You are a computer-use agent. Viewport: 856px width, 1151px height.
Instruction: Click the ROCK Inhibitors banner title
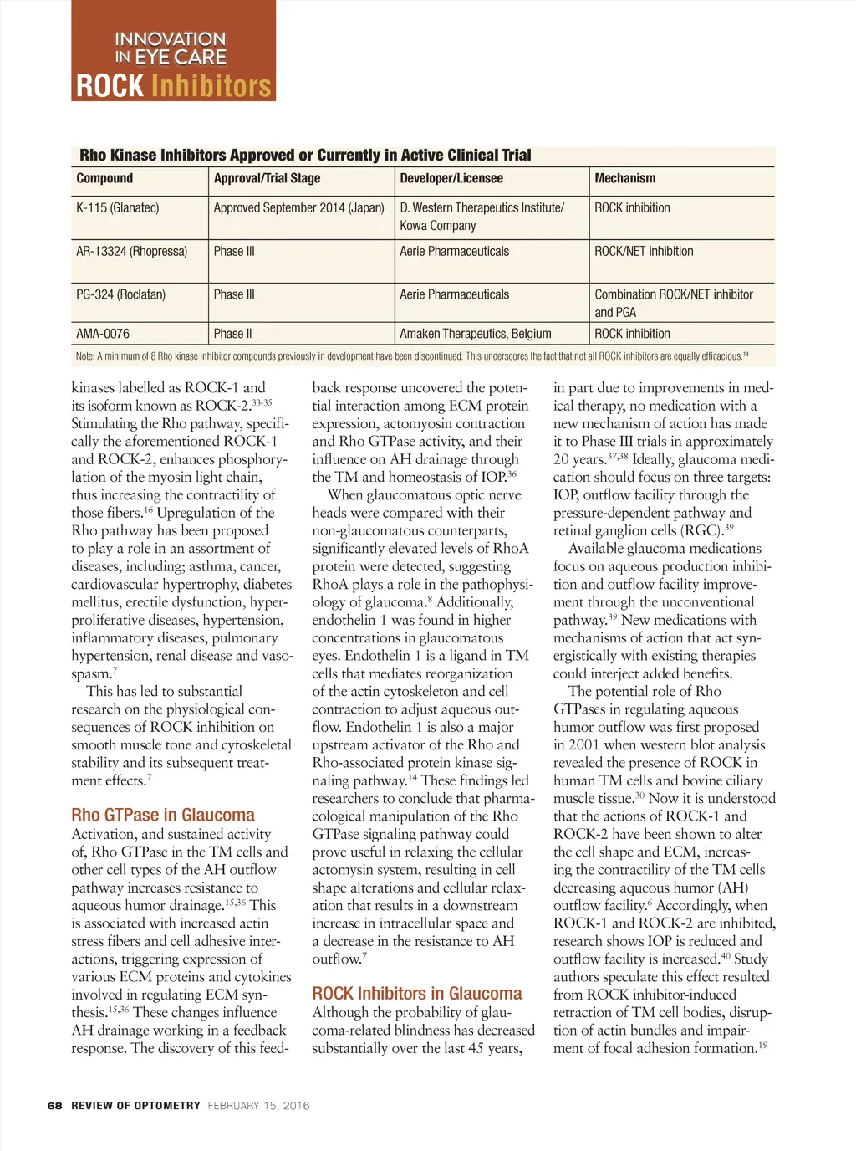(x=174, y=86)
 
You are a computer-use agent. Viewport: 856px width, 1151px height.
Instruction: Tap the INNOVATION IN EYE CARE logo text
(x=171, y=48)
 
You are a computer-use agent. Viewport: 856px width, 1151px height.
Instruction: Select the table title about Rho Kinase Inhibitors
(x=305, y=156)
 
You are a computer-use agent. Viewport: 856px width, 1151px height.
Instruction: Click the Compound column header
(x=104, y=178)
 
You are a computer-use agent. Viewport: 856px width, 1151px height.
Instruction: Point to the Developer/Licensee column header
(x=451, y=178)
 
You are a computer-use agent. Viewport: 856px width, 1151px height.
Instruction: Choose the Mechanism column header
(x=624, y=178)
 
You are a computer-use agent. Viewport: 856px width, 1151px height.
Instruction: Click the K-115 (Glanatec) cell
(x=118, y=208)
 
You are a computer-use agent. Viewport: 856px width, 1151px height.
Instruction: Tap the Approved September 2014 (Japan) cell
(x=298, y=208)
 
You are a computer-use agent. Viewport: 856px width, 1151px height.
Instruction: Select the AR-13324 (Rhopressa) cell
(x=131, y=252)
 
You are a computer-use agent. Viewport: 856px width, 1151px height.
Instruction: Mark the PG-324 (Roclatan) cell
(x=120, y=295)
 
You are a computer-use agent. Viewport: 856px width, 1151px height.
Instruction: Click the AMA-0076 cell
(x=103, y=334)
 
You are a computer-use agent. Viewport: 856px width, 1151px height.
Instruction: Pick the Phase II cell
(x=232, y=334)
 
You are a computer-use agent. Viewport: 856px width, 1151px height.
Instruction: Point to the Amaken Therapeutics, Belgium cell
(x=475, y=334)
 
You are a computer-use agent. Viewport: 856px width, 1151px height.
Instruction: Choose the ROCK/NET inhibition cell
(x=644, y=252)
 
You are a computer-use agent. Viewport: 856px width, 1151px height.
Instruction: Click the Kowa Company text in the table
(x=437, y=226)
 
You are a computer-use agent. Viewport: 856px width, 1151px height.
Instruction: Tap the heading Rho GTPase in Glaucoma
(x=163, y=815)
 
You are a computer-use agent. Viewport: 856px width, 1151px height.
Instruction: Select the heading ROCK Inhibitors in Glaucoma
(x=416, y=994)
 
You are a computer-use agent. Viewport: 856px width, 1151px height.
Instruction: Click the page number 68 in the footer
(x=55, y=1106)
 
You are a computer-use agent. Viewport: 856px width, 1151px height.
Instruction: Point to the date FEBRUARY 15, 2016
(x=258, y=1106)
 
